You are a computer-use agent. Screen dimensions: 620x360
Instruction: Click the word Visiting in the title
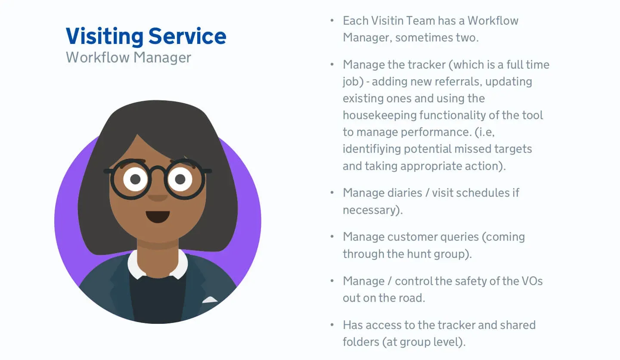click(105, 37)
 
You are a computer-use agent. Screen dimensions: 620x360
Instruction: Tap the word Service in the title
click(187, 36)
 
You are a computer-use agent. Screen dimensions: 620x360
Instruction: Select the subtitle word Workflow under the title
click(97, 57)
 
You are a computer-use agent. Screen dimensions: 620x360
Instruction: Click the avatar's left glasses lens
click(130, 179)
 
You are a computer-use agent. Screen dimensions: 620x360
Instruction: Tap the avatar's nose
click(158, 197)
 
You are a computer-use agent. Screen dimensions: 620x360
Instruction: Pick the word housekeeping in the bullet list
click(379, 116)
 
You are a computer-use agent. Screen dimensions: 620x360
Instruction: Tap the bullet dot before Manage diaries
click(332, 192)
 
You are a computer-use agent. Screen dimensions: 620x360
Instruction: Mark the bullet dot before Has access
click(332, 325)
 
